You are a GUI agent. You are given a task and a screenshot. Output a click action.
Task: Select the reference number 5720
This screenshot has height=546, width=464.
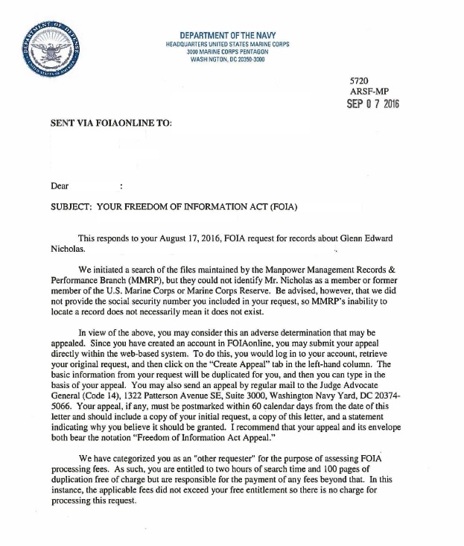point(359,80)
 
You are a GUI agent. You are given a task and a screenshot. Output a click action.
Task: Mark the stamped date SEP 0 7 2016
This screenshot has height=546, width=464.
point(373,104)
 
